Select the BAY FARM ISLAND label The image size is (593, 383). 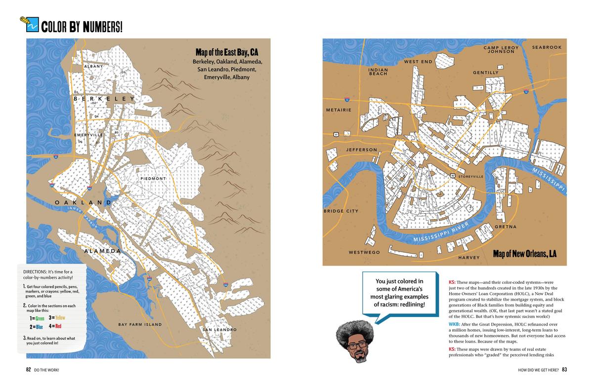coord(140,324)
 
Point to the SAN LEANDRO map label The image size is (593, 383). coord(219,329)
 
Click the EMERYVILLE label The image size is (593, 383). coord(89,135)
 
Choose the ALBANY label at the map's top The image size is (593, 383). coord(93,66)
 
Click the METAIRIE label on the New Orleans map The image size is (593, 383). coord(339,110)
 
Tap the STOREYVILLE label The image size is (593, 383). coord(470,176)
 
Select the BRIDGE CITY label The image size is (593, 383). coord(341,211)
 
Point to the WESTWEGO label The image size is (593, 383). coord(364,252)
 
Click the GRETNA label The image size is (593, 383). coord(506,227)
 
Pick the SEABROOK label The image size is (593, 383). coord(547,47)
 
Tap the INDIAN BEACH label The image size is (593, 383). coord(378,72)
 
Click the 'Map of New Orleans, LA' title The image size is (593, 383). coord(524,254)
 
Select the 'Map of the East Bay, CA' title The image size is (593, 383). coord(227,52)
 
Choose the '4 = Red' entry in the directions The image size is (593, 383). coord(55,326)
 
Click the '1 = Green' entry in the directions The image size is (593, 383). coord(37,318)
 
